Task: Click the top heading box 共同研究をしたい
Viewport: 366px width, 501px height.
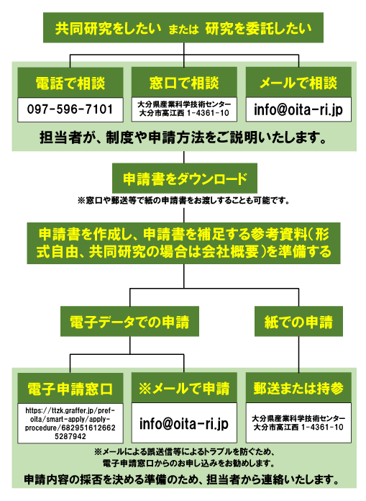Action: pos(183,28)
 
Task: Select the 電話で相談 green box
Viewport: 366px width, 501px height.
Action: pos(70,83)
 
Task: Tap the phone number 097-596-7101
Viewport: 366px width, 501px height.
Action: pos(70,109)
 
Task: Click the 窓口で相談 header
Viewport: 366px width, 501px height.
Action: pos(184,83)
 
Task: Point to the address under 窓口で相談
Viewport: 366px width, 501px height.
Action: pos(184,109)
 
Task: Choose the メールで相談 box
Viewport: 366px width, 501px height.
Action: pos(298,83)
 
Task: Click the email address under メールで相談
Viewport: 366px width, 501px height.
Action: pos(298,109)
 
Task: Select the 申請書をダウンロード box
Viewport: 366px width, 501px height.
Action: pos(185,179)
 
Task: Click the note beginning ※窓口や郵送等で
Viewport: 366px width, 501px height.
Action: pos(183,201)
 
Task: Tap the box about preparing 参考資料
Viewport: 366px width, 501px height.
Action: pos(183,243)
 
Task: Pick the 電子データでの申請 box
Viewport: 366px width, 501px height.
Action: pos(129,322)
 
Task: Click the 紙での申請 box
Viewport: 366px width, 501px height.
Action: pos(298,322)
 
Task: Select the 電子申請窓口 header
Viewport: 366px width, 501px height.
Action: pos(70,388)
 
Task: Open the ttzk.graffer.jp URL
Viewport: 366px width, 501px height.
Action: pos(70,423)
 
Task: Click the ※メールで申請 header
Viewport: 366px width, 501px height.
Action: pos(184,388)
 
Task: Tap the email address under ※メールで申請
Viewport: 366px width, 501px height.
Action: pos(184,424)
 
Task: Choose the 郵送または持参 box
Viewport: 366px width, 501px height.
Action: pos(298,388)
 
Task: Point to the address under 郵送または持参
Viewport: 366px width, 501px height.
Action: pos(298,423)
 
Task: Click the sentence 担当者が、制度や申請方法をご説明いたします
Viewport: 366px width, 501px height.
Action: pos(183,137)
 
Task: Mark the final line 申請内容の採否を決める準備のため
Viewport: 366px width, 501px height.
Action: pos(181,479)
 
